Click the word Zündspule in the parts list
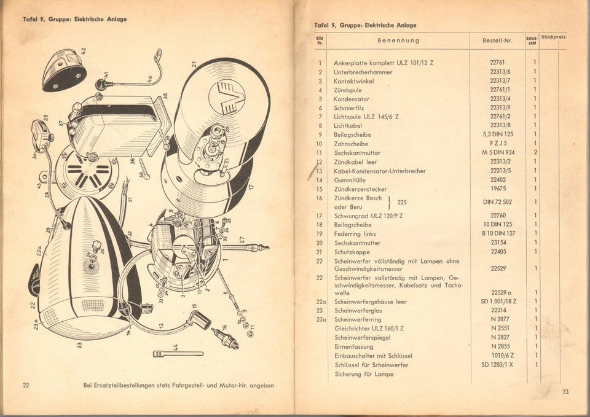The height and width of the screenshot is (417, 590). point(348,90)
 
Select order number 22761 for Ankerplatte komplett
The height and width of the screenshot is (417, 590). point(498,63)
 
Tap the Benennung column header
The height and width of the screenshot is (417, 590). point(398,41)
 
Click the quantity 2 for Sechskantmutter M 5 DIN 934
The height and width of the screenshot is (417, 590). point(535,153)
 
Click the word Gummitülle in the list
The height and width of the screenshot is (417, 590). point(351,180)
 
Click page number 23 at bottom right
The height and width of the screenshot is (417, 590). point(565,392)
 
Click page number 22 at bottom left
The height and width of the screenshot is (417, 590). point(26,386)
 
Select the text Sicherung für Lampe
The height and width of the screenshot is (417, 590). point(364,374)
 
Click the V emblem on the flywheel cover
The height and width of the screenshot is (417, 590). point(227,97)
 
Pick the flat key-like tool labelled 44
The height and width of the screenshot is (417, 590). point(178,354)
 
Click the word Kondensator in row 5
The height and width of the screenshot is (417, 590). point(352,99)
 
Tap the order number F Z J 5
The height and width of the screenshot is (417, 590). point(498,144)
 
